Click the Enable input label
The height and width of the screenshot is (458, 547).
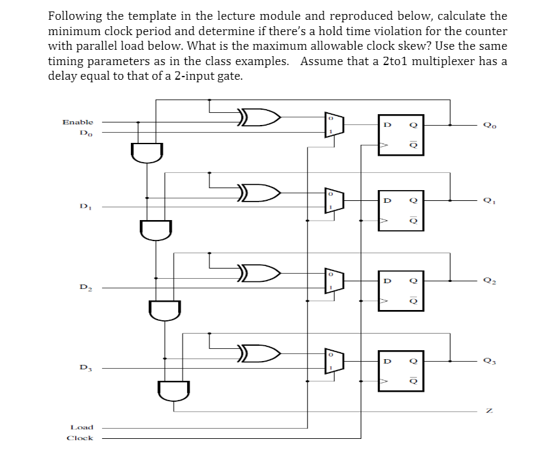(x=77, y=121)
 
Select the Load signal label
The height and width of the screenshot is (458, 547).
(x=82, y=427)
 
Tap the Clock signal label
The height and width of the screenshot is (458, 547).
(x=80, y=438)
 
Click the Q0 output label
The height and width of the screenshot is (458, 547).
(x=488, y=126)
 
